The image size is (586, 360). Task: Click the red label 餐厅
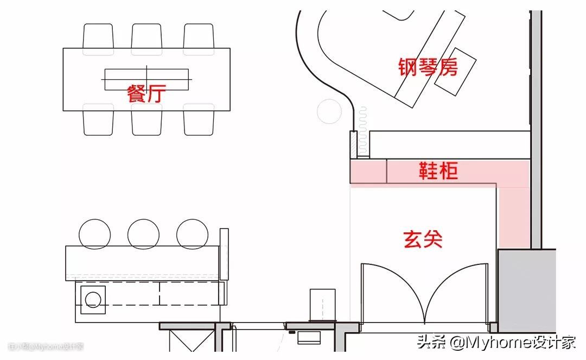[146, 93]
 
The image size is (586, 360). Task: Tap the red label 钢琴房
[428, 67]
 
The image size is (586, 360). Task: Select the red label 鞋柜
[438, 170]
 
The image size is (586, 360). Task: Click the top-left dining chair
[99, 36]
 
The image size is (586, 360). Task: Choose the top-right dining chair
[199, 36]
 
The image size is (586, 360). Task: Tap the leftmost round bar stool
[95, 233]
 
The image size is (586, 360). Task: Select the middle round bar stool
[144, 233]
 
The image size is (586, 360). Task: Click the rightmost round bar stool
[193, 233]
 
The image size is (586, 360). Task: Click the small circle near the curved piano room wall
[329, 111]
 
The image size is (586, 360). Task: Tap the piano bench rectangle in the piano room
[455, 71]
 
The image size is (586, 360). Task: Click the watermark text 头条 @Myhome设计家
[496, 343]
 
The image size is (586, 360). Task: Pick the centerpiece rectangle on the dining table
[146, 79]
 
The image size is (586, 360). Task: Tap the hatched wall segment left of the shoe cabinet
[353, 145]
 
